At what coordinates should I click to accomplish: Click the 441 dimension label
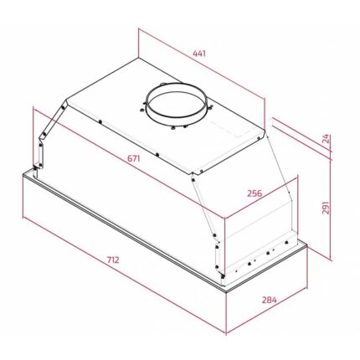click(x=198, y=54)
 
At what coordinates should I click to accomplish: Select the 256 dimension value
click(x=255, y=193)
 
